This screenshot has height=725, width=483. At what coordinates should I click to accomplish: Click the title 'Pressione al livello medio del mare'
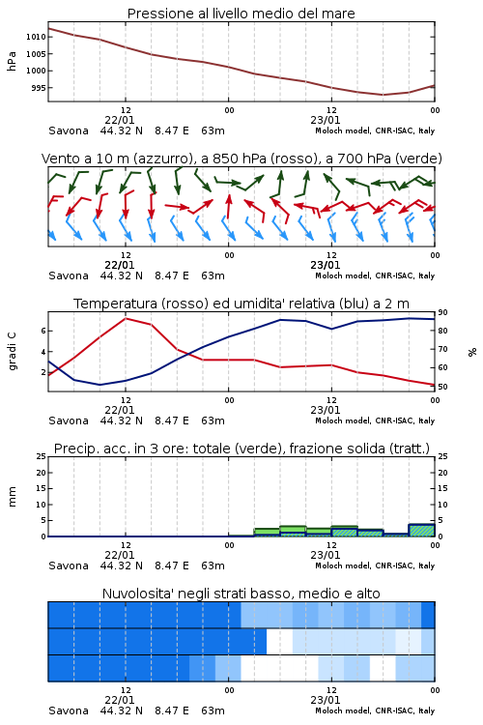click(241, 14)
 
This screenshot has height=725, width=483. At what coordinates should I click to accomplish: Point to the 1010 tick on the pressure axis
click(36, 37)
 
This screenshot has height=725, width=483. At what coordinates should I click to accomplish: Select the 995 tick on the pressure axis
click(38, 88)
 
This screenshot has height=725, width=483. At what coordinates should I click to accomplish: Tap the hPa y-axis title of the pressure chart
click(12, 61)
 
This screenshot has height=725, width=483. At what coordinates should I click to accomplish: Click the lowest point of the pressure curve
click(383, 95)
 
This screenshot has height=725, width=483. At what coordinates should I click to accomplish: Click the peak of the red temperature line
click(126, 318)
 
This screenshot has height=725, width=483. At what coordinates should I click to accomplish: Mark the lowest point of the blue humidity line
click(99, 385)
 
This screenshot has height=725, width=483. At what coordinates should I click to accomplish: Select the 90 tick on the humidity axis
click(442, 313)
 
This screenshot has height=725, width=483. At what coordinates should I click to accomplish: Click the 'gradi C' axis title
click(13, 352)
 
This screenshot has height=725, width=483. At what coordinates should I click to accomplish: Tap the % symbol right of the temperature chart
click(472, 352)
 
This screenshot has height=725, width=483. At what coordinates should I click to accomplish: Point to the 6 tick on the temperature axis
click(43, 331)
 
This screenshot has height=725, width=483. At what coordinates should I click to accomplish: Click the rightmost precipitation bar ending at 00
click(421, 531)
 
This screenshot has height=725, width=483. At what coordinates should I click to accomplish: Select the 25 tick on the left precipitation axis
click(42, 457)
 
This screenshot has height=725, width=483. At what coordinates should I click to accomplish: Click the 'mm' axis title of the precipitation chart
click(13, 497)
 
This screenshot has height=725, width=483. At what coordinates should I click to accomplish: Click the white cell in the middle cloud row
click(279, 642)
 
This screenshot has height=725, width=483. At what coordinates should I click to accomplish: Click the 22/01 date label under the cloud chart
click(120, 700)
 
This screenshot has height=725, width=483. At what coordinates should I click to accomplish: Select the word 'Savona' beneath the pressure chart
click(69, 130)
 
